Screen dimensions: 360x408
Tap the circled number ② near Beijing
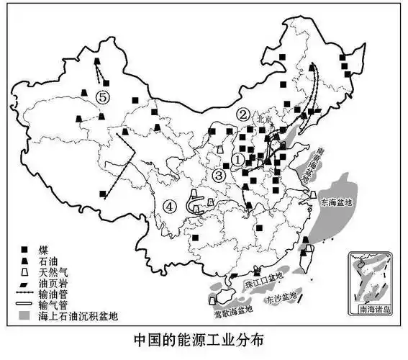[244, 114]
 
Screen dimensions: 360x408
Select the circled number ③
[219, 174]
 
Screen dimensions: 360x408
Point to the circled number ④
[170, 206]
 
